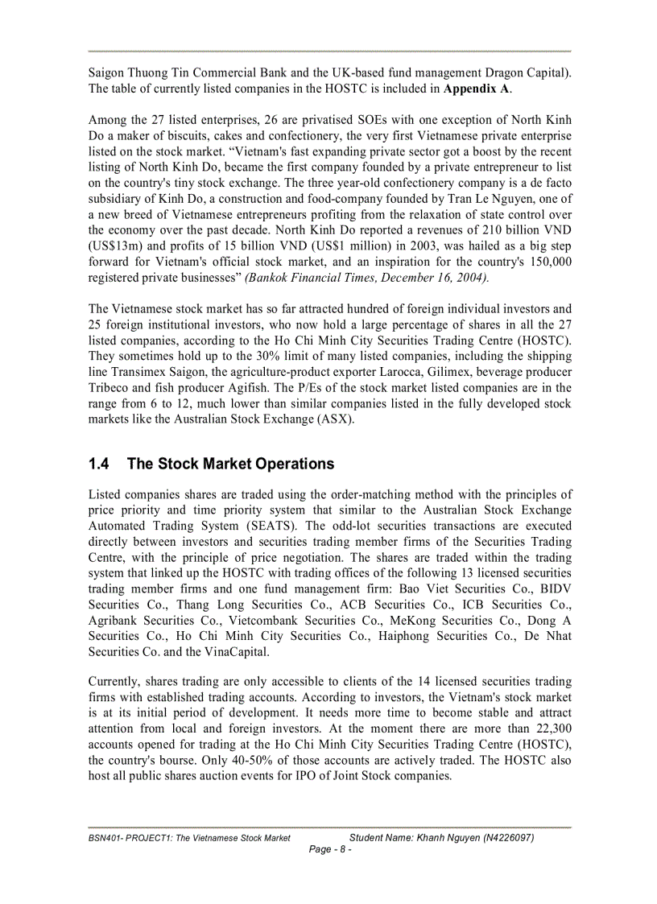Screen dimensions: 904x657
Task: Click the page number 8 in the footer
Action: (x=331, y=849)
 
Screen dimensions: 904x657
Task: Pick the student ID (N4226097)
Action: (x=503, y=838)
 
